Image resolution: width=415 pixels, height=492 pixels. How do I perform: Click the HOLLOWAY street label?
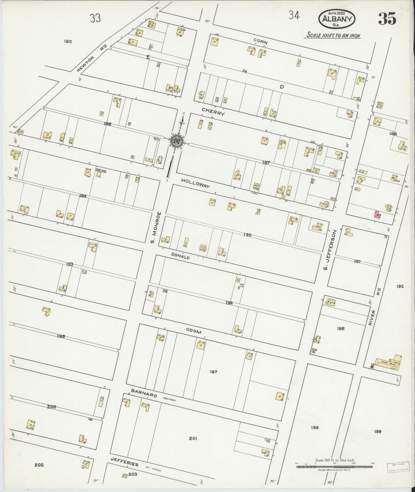point(196,183)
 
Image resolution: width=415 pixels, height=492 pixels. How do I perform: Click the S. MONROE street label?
point(156,227)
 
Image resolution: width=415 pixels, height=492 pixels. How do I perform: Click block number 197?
point(214,372)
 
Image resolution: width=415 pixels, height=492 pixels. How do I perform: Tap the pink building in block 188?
point(377,214)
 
